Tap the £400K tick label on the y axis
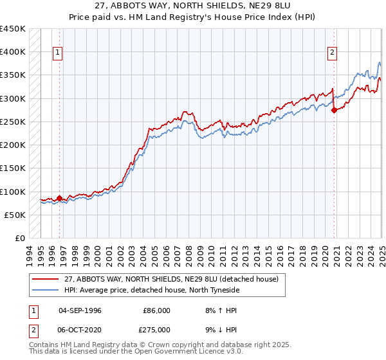coord(13,52)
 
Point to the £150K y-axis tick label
coord(13,168)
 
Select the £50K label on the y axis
coord(15,215)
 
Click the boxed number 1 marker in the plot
coord(58,53)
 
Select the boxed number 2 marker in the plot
coord(333,53)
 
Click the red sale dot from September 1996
coord(59,199)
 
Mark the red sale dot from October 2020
coord(334,110)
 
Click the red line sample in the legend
coord(45,279)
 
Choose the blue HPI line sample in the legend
coord(45,290)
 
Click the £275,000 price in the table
coord(156,328)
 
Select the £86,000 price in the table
coord(156,310)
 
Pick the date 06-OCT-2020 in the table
coord(84,328)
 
